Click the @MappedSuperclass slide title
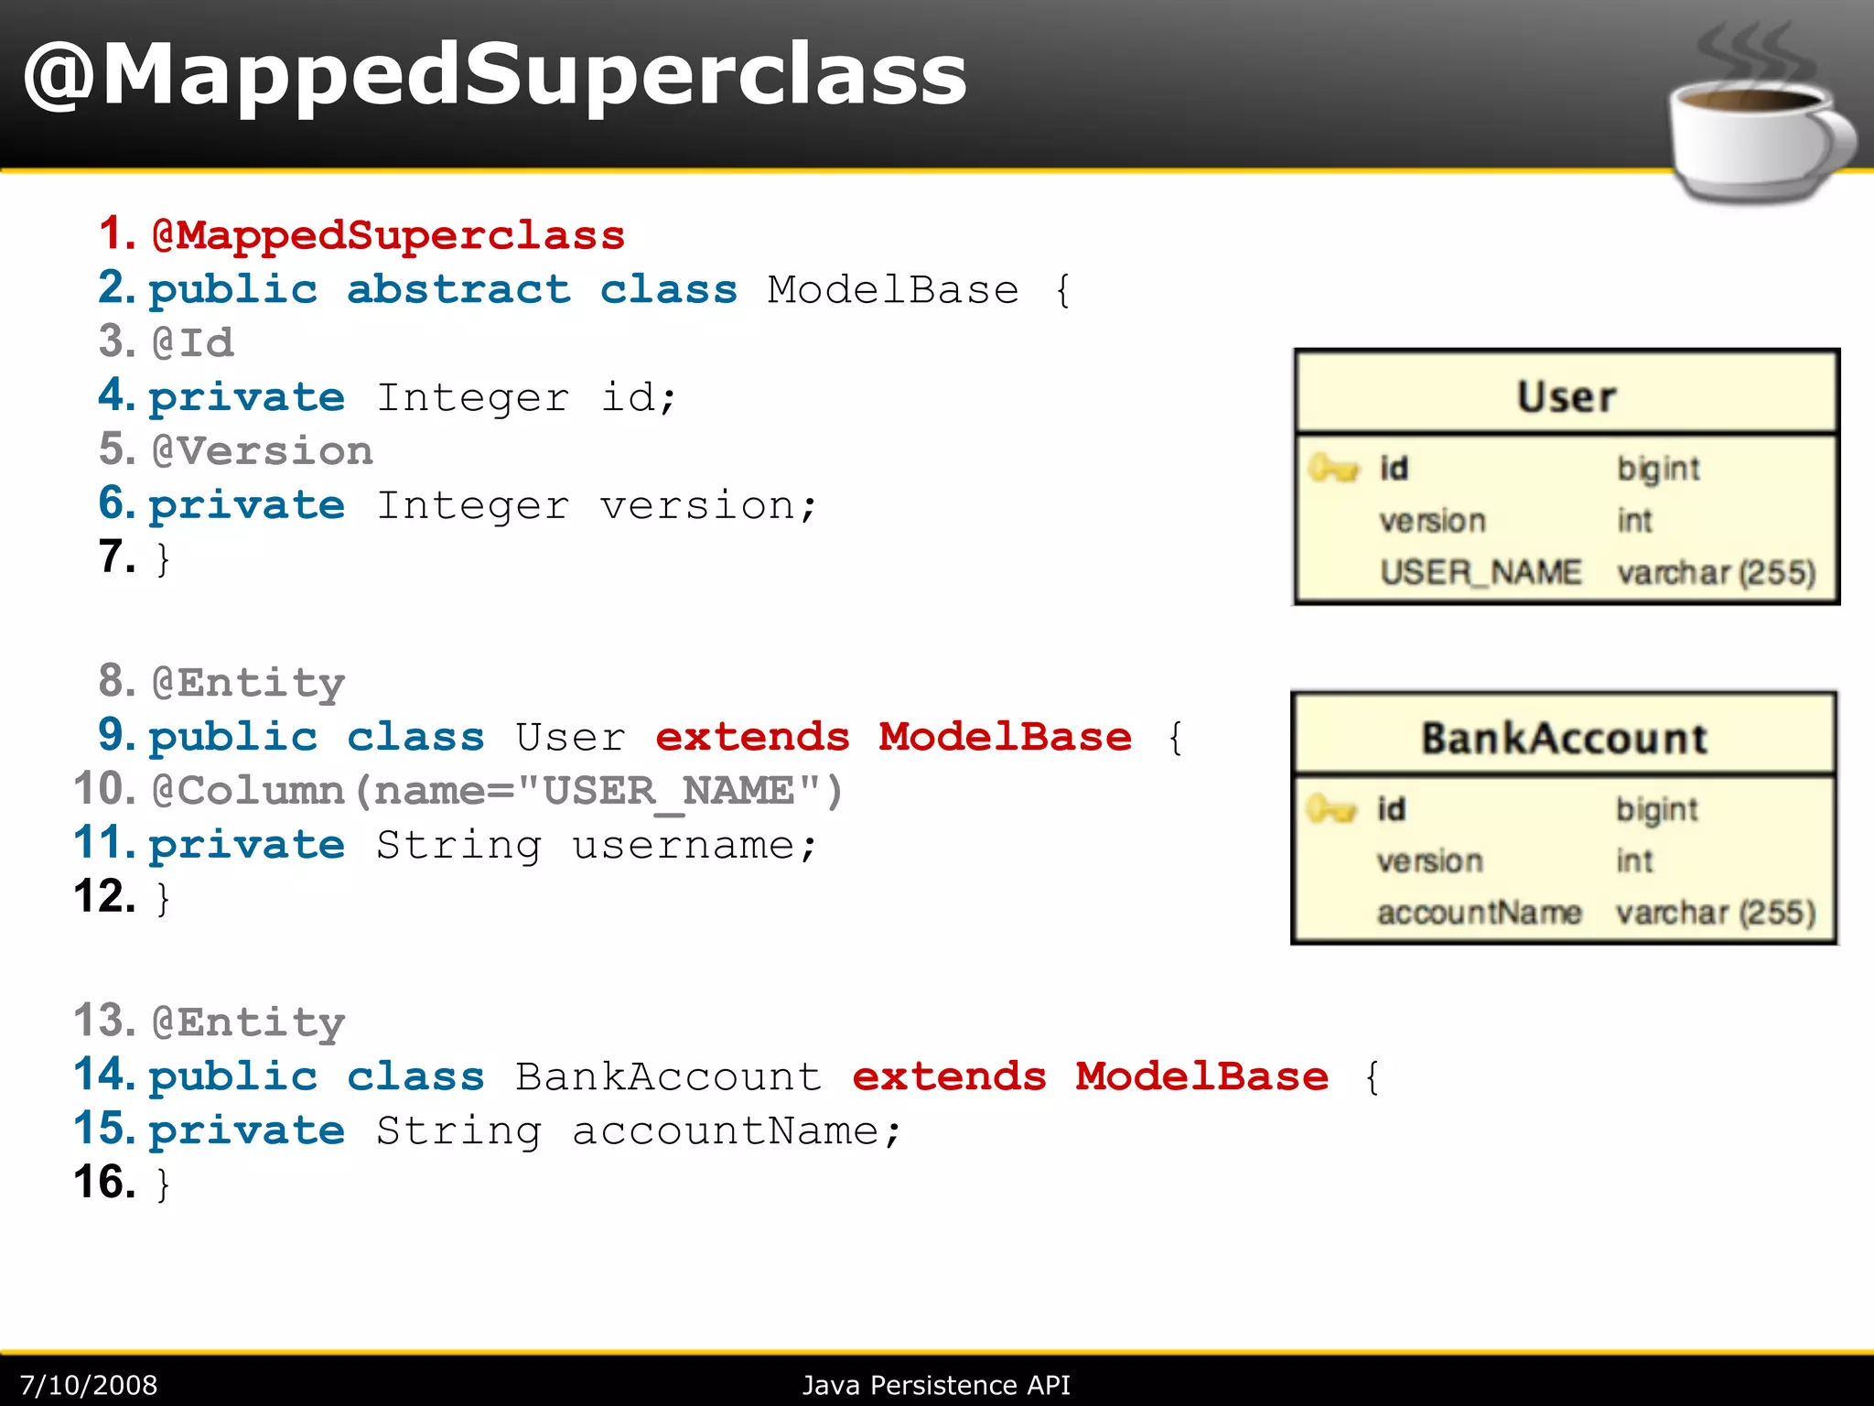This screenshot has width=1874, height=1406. coord(494,75)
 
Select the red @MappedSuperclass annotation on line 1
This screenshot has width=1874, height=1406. coord(388,235)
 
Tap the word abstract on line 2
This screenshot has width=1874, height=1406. coord(458,290)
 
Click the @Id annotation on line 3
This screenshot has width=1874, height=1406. coord(193,343)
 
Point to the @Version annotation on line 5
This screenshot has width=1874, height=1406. coord(263,451)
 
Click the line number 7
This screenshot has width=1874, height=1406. coord(117,557)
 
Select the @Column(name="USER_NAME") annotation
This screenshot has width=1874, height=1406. coord(497,791)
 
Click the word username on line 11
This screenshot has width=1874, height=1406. coord(683,845)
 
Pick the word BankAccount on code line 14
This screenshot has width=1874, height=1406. coord(668,1077)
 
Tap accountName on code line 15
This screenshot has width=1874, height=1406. coord(727,1131)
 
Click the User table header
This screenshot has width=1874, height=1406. coord(1566,396)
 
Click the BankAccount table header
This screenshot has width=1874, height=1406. coord(1564,738)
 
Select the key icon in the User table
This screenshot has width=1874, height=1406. coord(1333,469)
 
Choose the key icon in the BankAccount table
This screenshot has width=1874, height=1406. coord(1330,809)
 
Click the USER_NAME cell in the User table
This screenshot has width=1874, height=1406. coord(1480,572)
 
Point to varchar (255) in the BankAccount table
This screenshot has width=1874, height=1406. coord(1715,913)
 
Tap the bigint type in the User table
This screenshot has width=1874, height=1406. coord(1657,469)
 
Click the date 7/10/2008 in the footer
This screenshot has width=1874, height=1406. coord(89,1385)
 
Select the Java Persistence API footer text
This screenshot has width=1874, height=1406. coord(936,1385)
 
